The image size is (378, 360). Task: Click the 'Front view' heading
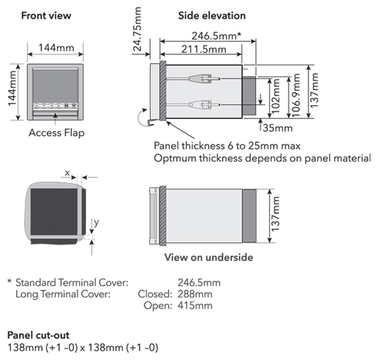point(46,16)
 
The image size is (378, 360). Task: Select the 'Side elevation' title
point(212,16)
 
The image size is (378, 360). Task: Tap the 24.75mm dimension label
point(138,29)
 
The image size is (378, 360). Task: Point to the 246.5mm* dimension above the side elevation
point(216,36)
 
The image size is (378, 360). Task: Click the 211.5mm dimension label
point(204,50)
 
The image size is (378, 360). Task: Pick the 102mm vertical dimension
point(275,96)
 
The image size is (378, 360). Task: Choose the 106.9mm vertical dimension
point(296,96)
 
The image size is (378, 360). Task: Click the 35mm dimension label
point(277,128)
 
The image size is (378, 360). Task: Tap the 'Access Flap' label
point(56,133)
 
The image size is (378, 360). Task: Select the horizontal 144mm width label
point(56,47)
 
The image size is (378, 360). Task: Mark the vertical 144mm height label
point(12,88)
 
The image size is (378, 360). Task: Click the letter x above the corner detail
point(67,173)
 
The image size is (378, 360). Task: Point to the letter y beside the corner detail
point(96,222)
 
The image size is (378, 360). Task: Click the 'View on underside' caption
point(209,257)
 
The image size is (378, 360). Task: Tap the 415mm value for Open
point(195,306)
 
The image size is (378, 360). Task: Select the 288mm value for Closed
point(195,294)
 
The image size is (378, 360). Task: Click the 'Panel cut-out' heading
point(39,335)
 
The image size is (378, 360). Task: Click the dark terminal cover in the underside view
point(249,216)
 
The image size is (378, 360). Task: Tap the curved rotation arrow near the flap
point(139,117)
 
